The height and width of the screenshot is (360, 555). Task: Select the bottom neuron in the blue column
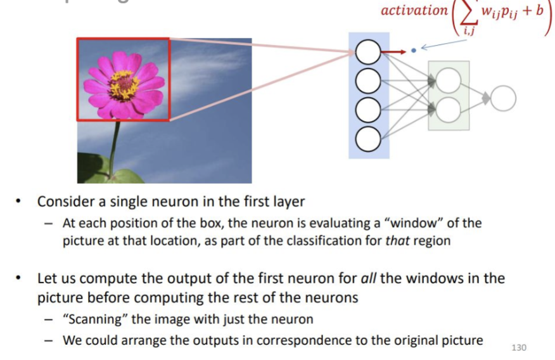click(367, 138)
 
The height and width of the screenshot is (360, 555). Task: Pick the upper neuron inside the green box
click(448, 80)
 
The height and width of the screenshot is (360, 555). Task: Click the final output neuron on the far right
click(504, 98)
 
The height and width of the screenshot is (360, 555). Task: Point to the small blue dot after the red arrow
click(414, 49)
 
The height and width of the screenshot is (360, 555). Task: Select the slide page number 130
click(518, 347)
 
